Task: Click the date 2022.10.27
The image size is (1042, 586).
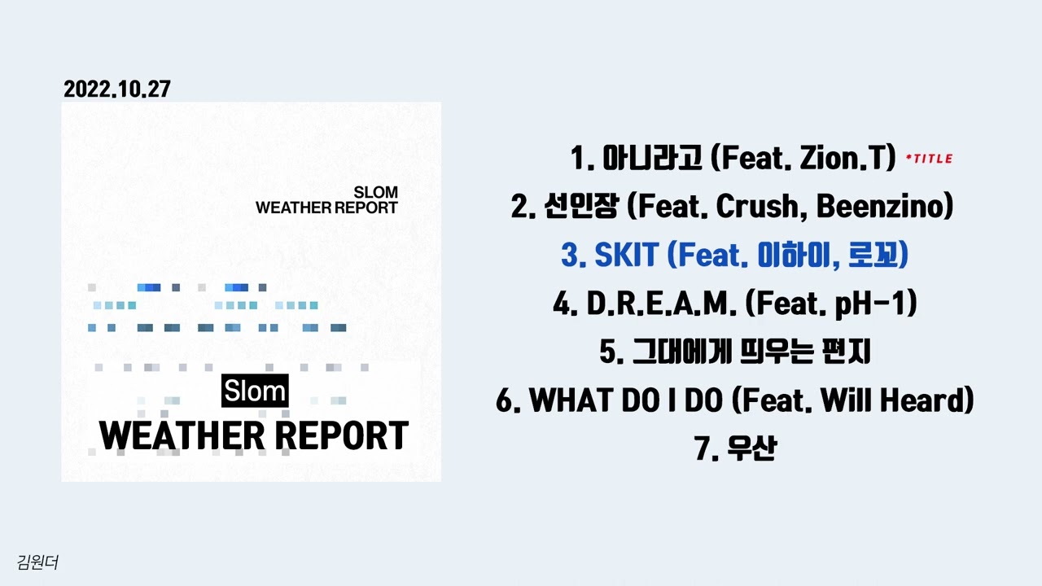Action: pyautogui.click(x=117, y=90)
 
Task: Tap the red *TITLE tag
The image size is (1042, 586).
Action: pyautogui.click(x=929, y=159)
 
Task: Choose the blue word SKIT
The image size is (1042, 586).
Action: pyautogui.click(x=626, y=256)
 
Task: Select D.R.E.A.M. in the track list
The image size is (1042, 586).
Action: pyautogui.click(x=661, y=304)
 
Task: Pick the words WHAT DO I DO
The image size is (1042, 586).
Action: pyautogui.click(x=628, y=400)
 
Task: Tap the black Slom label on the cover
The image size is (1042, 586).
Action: pyautogui.click(x=255, y=391)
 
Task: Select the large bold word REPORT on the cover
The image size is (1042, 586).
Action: pyautogui.click(x=340, y=436)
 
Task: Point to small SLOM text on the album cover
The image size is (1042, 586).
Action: pyautogui.click(x=376, y=193)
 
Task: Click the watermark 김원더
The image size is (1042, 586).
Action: pyautogui.click(x=37, y=562)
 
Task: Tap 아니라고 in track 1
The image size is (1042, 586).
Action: pyautogui.click(x=652, y=159)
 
